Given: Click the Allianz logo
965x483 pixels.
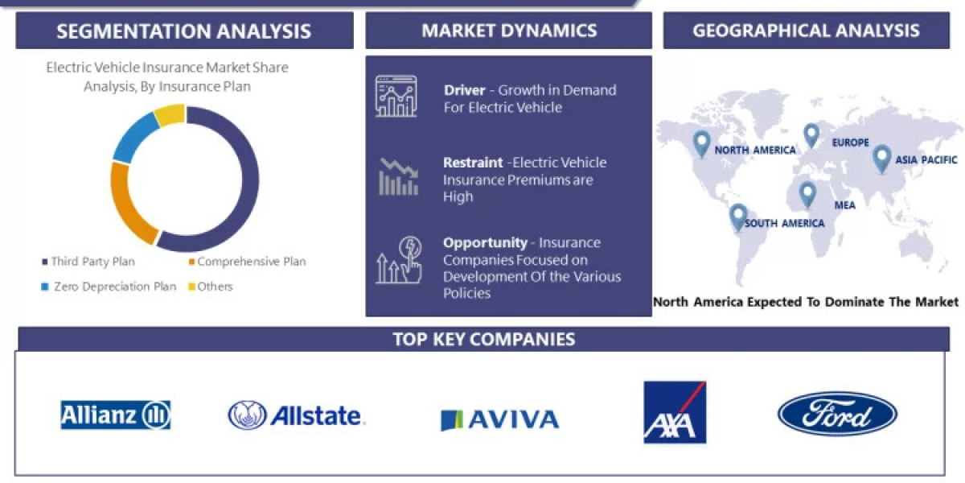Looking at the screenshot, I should (116, 415).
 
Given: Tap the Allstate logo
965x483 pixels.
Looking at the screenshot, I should (296, 415).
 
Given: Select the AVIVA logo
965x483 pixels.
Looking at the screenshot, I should (499, 419).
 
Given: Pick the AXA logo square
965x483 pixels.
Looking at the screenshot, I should (675, 412).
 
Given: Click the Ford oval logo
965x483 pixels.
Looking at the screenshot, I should (837, 415).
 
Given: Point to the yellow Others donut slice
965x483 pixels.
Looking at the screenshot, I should (170, 115).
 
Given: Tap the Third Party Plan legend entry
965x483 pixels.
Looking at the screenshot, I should (88, 262).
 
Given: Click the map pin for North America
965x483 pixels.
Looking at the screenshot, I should (702, 143).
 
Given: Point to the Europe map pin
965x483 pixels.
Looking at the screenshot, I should (811, 134).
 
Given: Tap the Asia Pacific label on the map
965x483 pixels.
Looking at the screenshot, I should (926, 159).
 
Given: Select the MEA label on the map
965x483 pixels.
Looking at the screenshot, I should (844, 205).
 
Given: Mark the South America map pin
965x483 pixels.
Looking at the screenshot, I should (738, 217).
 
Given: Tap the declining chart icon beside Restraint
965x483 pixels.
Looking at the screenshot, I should (398, 176).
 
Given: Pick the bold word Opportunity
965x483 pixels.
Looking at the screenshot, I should (485, 242).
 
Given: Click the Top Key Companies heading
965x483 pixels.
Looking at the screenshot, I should (483, 339).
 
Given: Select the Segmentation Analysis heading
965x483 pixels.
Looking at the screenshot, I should (184, 31).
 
